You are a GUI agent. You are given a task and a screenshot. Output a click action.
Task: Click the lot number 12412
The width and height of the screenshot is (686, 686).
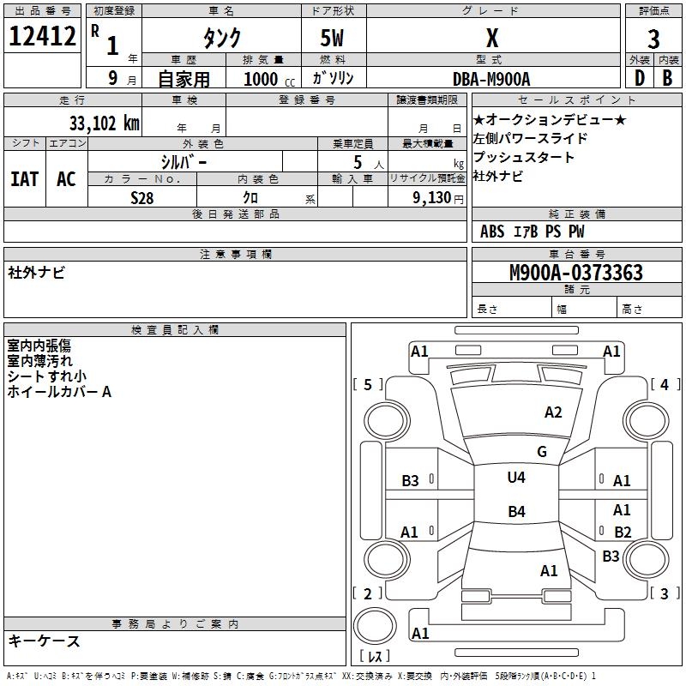pos(42,36)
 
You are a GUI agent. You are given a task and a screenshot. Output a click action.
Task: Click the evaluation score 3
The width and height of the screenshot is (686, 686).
pos(653,39)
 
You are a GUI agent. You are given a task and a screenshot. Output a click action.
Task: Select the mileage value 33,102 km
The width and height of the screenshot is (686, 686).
pos(105,123)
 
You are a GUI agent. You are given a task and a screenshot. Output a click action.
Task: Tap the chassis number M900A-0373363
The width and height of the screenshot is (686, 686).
pos(576,273)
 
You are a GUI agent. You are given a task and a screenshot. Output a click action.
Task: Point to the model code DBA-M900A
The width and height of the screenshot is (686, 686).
pos(491,79)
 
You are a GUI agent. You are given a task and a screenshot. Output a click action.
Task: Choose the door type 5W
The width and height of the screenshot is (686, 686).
pos(332,38)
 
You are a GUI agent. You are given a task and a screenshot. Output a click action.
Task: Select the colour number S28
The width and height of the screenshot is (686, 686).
pos(142,198)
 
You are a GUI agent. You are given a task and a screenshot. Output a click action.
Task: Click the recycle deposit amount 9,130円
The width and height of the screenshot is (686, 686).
pos(438,198)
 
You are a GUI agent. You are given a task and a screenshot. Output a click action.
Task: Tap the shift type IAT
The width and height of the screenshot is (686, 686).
pos(25,179)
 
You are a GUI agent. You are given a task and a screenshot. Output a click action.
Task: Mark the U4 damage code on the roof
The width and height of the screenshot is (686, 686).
pos(516,478)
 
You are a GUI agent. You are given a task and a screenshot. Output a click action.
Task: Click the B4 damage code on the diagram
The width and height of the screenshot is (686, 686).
pos(517,511)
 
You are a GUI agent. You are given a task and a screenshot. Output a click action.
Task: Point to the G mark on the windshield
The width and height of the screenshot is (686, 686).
pos(542,451)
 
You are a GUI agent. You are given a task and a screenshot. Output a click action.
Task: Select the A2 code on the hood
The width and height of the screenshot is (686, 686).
pos(553,412)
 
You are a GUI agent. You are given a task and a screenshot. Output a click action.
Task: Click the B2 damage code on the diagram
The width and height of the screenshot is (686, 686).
pos(623,532)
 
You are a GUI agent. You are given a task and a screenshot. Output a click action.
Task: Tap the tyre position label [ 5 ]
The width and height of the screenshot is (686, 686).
pos(368,384)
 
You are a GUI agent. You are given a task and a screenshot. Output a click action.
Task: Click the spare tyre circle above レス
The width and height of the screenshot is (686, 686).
pos(375,626)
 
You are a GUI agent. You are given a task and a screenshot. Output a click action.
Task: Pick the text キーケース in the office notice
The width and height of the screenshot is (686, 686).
pos(45,641)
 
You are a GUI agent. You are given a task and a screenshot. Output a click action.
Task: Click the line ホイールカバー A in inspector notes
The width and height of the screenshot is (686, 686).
pos(59,392)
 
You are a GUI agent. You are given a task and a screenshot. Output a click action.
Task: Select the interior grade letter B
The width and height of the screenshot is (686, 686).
pos(667,78)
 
